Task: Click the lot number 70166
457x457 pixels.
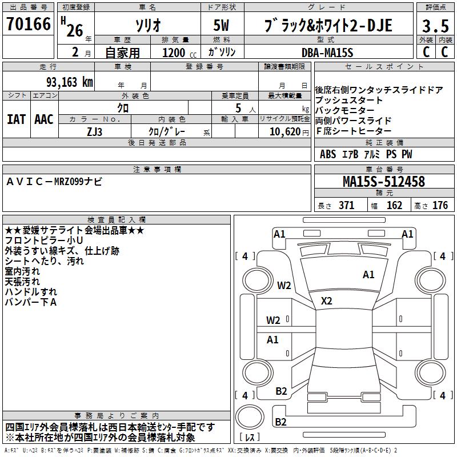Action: [x=28, y=25]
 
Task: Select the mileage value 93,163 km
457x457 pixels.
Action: [x=69, y=82]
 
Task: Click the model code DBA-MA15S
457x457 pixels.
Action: [x=328, y=51]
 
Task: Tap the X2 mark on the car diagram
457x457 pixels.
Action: [x=327, y=301]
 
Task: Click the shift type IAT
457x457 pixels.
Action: [x=16, y=119]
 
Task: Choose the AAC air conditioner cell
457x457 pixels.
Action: [x=44, y=119]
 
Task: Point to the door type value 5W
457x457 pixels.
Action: [x=222, y=26]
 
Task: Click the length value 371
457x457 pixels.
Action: [x=346, y=206]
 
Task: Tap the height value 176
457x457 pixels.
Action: [x=440, y=206]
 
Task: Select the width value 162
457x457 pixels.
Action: [x=394, y=206]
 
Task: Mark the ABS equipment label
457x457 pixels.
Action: [x=328, y=154]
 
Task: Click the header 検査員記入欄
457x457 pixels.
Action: [x=117, y=219]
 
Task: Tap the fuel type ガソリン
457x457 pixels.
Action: [x=222, y=52]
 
